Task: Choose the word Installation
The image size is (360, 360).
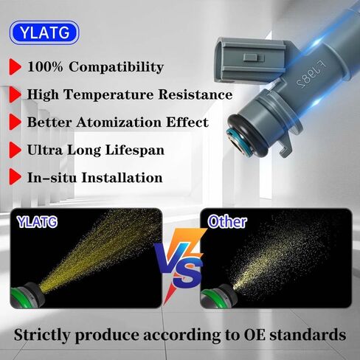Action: [x=121, y=178]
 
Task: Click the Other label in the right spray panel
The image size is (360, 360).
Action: [x=226, y=221]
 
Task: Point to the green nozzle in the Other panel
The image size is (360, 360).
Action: [x=216, y=296]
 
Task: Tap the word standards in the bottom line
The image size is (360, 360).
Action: [x=307, y=334]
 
